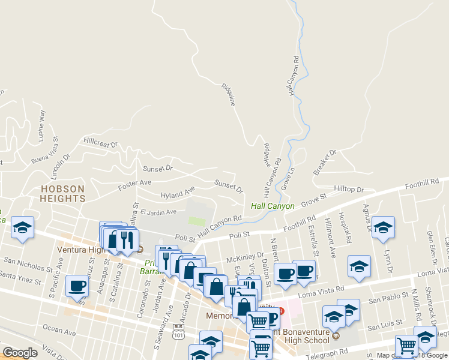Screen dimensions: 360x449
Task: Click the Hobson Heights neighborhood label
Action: (62, 193)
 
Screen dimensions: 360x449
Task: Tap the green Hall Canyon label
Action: (273, 206)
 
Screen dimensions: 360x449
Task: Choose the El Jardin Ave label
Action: (158, 212)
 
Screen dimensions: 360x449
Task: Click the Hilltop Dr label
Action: (349, 190)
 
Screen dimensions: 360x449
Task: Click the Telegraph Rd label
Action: (326, 353)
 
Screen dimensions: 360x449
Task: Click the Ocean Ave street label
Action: (59, 331)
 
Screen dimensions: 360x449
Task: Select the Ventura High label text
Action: (84, 250)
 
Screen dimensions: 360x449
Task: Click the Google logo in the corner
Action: (20, 353)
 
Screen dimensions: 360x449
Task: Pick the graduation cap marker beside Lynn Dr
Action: (382, 227)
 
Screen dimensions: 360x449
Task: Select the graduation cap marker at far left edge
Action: (23, 227)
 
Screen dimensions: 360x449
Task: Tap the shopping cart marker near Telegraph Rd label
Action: (406, 346)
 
